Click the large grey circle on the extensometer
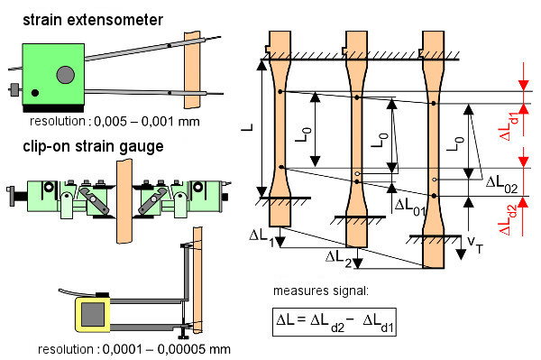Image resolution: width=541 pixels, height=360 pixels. coord(65,74)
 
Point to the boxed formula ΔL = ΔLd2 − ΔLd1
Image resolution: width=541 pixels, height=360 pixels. coord(334,321)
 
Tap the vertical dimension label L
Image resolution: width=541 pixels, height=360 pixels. coord(248,129)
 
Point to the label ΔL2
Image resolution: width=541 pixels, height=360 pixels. coord(339,257)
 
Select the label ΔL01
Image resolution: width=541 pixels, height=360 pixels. coord(412,206)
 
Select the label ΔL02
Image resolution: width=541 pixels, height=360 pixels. coord(501,182)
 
